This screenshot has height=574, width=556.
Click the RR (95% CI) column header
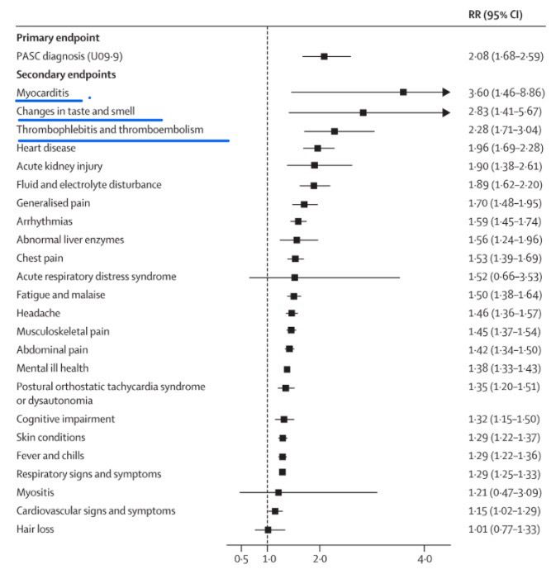pos(494,15)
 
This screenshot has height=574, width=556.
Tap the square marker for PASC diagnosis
pos(324,56)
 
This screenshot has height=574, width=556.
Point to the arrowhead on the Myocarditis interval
pos(445,93)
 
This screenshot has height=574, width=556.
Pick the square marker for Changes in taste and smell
pos(363,111)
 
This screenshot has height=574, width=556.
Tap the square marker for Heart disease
pos(317,149)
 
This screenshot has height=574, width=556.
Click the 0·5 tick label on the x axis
pos(240,559)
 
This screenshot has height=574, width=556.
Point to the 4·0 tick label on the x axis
pos(424,559)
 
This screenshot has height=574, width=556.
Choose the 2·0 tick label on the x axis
pos(320,559)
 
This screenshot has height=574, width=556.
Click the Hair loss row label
pos(36,529)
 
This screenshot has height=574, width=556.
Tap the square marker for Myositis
pos(278,492)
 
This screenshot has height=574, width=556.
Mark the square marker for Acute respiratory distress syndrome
pos(294,277)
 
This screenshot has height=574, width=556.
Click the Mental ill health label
pos(53,368)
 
